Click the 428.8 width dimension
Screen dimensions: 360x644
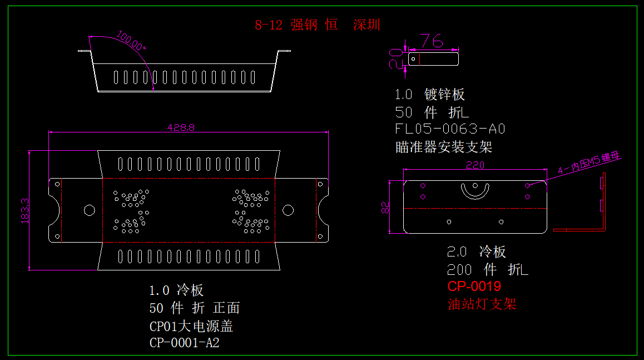(x=181, y=127)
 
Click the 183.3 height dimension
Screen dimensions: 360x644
(x=24, y=210)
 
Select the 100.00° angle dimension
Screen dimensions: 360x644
(x=131, y=42)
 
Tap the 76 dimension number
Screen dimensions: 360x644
(x=431, y=41)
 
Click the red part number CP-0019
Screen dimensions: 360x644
(x=474, y=287)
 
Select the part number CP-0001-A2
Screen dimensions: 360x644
(x=184, y=343)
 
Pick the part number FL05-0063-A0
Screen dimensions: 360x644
(x=449, y=129)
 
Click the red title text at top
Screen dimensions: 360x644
(x=318, y=25)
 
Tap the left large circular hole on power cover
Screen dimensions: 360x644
(x=89, y=210)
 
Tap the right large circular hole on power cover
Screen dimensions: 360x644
(x=288, y=210)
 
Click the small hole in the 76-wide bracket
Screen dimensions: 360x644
(x=413, y=58)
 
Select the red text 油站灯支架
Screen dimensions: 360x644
(x=482, y=304)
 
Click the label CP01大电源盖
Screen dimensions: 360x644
(x=191, y=326)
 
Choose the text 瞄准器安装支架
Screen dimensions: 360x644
(x=443, y=147)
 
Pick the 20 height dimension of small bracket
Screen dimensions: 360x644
(x=395, y=58)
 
